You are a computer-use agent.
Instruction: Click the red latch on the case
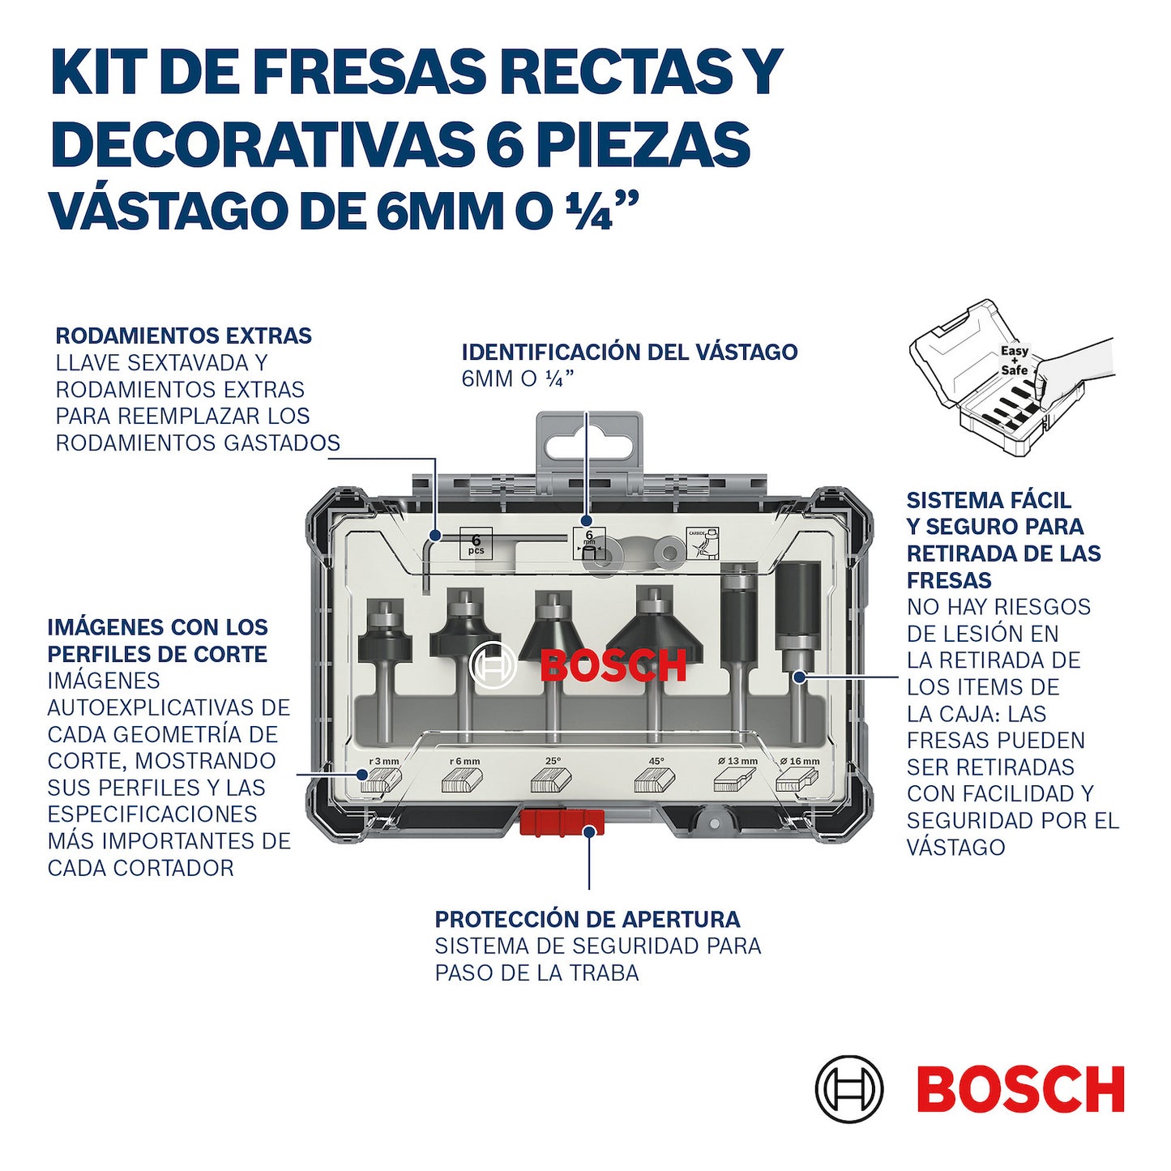(562, 822)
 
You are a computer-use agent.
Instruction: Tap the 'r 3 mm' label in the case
(384, 761)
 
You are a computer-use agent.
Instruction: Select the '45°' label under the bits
(656, 761)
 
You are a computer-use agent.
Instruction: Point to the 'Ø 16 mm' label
(800, 761)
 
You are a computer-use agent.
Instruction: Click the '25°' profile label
(553, 761)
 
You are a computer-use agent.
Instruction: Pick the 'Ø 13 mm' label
(737, 761)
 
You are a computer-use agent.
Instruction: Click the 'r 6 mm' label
(464, 761)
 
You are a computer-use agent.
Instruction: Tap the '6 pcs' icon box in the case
(476, 544)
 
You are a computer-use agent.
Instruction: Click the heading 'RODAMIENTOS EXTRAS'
(184, 335)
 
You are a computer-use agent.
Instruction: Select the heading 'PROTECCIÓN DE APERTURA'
(588, 920)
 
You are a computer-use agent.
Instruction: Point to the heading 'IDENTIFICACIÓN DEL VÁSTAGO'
(630, 353)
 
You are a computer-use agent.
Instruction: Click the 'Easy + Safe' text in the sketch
(1014, 361)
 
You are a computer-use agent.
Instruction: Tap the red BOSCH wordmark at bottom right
(1020, 1089)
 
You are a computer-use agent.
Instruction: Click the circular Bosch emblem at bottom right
(848, 1089)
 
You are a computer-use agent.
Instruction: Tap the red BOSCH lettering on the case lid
(613, 666)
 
